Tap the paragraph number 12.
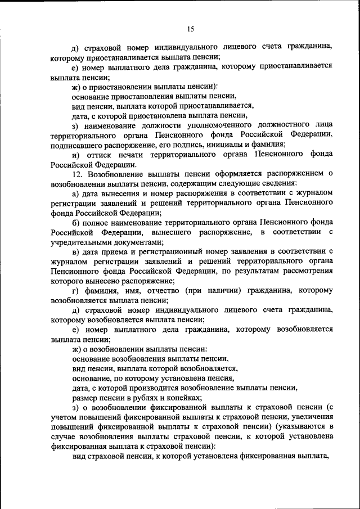pyautogui.click(x=78, y=174)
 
